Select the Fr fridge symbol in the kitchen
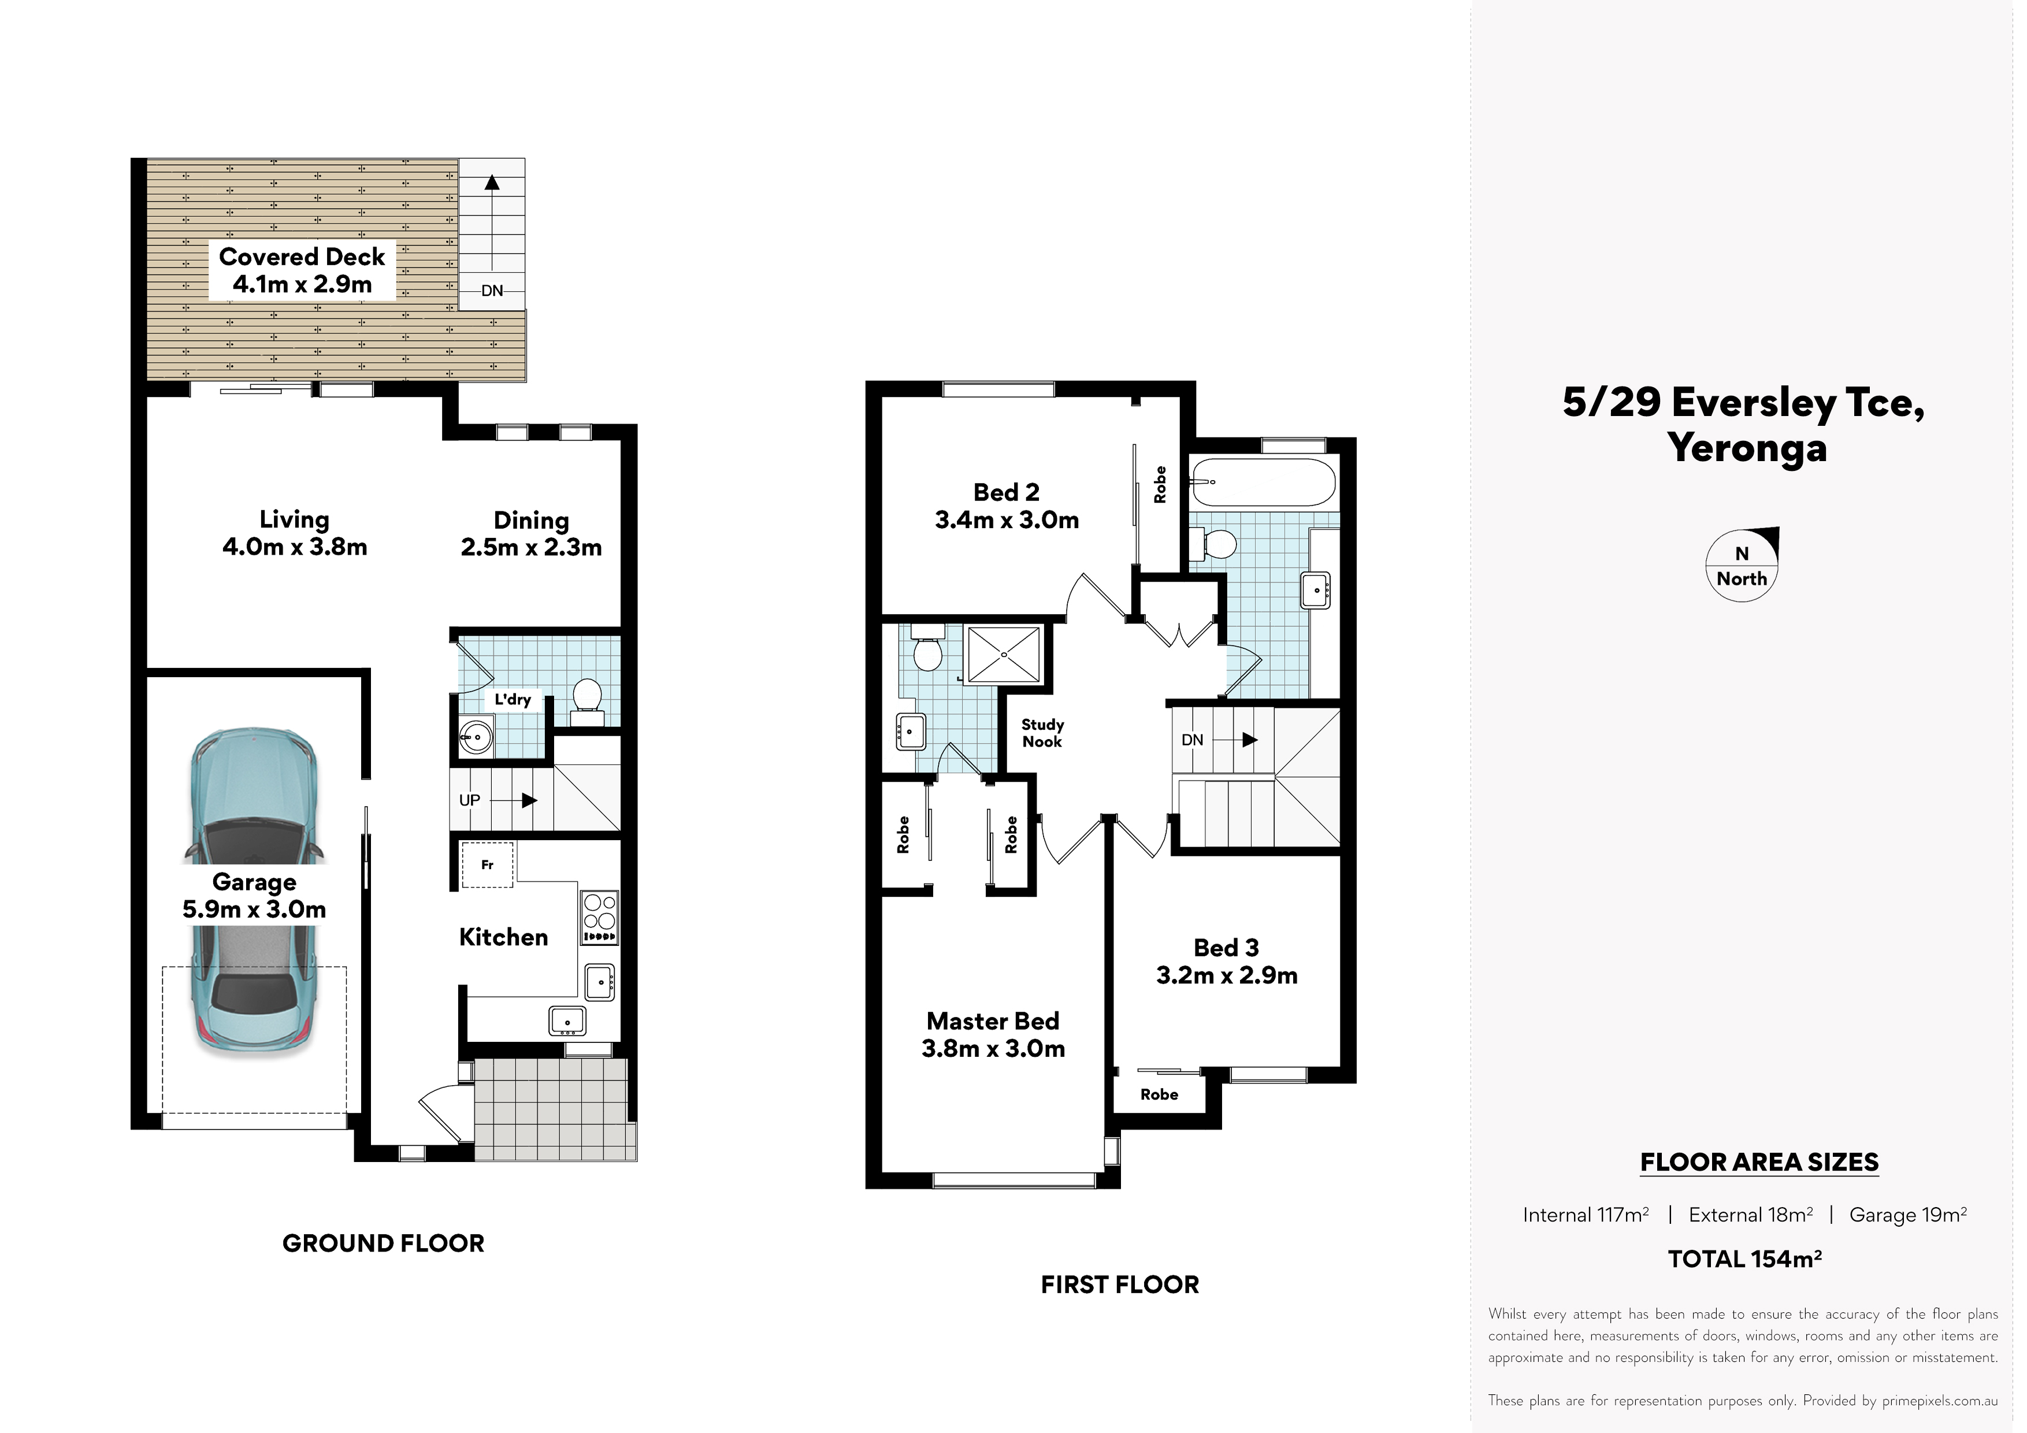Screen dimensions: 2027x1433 coord(487,864)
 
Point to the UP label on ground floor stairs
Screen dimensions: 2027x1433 coord(470,800)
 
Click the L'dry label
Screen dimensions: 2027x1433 coord(513,699)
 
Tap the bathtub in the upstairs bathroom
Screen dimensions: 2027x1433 coord(1261,482)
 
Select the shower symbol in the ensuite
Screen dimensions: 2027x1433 coord(1005,654)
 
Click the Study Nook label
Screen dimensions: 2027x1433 coord(1042,733)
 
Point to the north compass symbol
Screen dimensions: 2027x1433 coord(1742,565)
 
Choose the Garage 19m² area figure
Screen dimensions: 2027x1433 coord(1908,1215)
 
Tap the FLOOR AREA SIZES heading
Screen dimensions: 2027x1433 coord(1759,1162)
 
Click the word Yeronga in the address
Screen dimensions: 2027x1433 coord(1747,448)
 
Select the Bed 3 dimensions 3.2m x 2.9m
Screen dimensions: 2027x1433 coord(1227,975)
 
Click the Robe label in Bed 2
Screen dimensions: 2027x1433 coord(1160,485)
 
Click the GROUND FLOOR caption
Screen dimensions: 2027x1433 coord(383,1243)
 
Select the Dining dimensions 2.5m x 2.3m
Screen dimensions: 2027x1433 coord(532,547)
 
